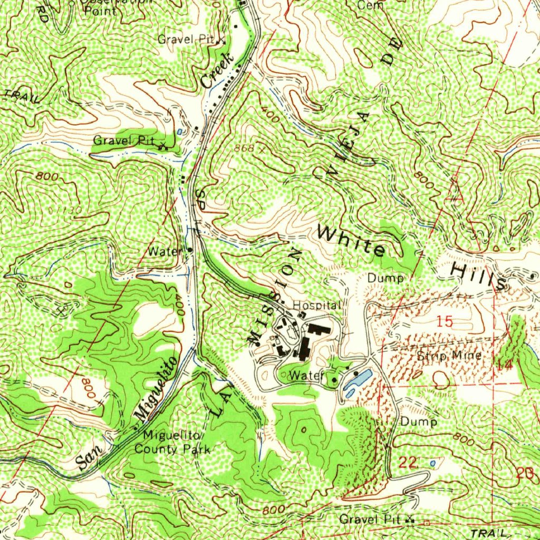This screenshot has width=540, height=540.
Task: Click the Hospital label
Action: (317, 305)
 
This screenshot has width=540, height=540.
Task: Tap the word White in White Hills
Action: (352, 240)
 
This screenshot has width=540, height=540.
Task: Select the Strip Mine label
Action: (449, 355)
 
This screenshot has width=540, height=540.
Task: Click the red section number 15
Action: (445, 321)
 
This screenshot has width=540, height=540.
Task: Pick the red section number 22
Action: (409, 463)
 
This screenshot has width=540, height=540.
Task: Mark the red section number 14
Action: (504, 364)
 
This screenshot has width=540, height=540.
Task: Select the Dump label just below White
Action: (385, 277)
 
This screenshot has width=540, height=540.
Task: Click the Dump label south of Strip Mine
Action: (418, 422)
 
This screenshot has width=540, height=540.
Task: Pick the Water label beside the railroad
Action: (164, 252)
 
